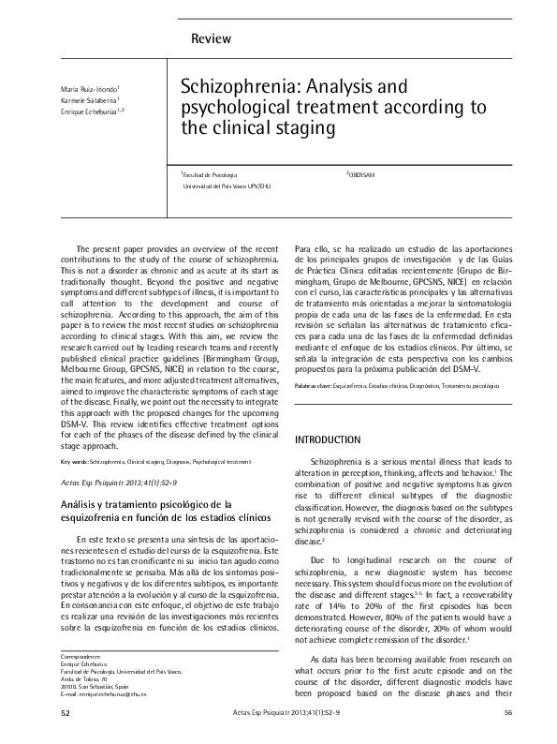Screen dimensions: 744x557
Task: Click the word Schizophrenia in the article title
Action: click(x=235, y=87)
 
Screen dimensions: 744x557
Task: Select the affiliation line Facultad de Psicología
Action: click(x=210, y=175)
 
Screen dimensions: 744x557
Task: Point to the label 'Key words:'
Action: click(x=73, y=462)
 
